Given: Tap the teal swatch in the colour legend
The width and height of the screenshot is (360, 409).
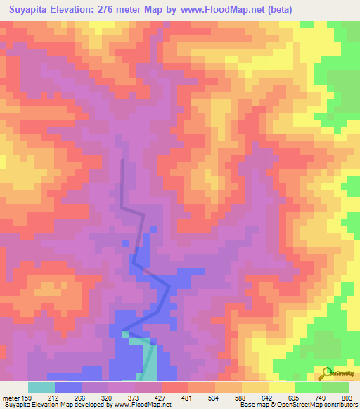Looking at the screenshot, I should [x=41, y=387].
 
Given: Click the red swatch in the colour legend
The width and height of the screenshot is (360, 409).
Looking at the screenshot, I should [x=175, y=387].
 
